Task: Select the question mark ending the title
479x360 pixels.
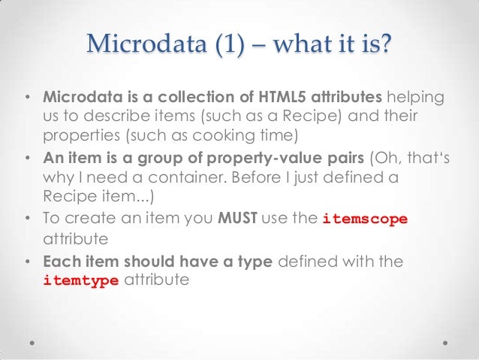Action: [385, 46]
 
